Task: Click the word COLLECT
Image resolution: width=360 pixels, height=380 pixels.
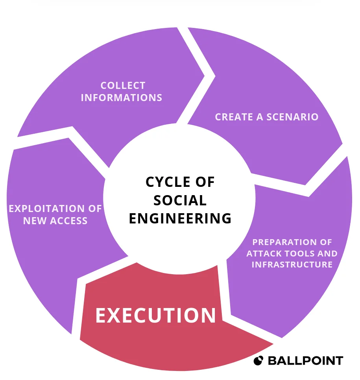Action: coord(123,85)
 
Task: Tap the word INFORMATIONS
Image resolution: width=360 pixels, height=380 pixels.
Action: coord(122,98)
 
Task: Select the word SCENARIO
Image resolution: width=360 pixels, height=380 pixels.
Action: coord(292,117)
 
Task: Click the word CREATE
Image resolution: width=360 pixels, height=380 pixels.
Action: coord(234,117)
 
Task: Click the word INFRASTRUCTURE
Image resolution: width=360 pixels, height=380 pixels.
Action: coord(292,264)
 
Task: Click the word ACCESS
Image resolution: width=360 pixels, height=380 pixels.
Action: coord(68,221)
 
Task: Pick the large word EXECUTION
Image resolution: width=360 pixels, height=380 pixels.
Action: coord(156,315)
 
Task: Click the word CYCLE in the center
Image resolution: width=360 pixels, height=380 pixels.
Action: coord(168,182)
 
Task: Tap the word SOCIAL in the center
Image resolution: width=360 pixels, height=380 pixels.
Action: coord(180,200)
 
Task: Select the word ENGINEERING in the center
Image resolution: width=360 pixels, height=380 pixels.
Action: coord(180,218)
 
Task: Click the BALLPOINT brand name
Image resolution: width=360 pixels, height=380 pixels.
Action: coord(305,361)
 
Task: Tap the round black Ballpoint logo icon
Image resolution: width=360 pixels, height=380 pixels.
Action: coord(258,361)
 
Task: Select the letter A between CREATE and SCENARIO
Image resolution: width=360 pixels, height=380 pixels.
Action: coord(260,117)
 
